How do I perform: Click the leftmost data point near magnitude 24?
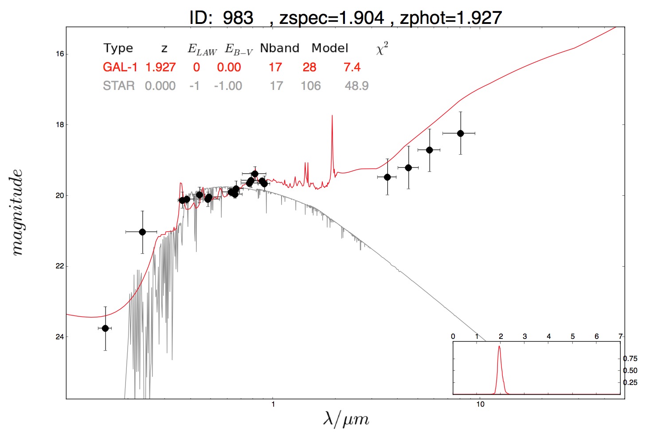pos(105,328)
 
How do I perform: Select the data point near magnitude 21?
pos(142,232)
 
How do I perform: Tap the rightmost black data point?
pos(461,133)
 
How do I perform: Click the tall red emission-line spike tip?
pos(332,116)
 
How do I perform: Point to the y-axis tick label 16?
pos(60,54)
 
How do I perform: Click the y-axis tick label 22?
pos(60,266)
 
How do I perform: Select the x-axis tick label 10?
pos(480,404)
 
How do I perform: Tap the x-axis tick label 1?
pos(273,404)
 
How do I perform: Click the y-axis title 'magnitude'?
pos(17,213)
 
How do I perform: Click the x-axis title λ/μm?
pos(346,419)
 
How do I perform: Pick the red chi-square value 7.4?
pos(352,67)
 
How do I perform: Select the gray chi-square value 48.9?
pos(356,86)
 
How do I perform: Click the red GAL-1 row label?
pos(120,67)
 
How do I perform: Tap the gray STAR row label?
pos(119,86)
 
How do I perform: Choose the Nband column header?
pos(280,48)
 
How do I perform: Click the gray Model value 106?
pos(311,86)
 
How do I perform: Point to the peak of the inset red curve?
pos(499,346)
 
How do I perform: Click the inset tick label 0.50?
pos(630,371)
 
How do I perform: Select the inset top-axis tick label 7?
pos(621,337)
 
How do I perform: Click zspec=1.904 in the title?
pos(332,18)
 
